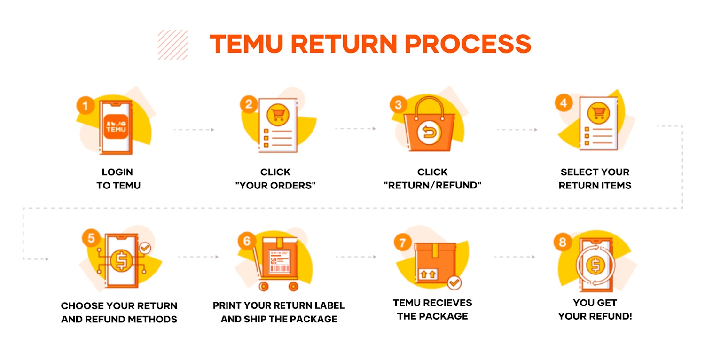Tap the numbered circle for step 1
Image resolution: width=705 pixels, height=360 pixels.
click(x=85, y=106)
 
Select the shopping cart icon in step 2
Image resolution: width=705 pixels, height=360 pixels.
click(x=278, y=114)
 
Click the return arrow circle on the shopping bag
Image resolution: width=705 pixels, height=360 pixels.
click(x=428, y=133)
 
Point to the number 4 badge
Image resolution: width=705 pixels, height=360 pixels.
click(x=564, y=103)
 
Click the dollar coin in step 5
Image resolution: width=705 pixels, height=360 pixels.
click(x=121, y=261)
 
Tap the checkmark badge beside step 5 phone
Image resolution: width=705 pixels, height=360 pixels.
click(x=145, y=248)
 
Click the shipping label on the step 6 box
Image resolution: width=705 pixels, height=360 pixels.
click(x=279, y=262)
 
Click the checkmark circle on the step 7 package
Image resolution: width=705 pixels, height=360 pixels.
click(x=454, y=282)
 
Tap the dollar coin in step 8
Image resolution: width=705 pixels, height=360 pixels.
click(x=595, y=266)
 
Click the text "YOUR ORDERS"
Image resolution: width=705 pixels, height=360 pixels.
click(x=275, y=185)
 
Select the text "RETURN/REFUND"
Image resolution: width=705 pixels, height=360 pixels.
click(x=432, y=185)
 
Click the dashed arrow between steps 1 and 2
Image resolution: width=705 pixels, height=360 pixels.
click(x=194, y=129)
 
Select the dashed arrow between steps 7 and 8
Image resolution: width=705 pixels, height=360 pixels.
click(x=514, y=257)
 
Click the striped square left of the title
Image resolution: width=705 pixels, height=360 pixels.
click(x=172, y=45)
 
